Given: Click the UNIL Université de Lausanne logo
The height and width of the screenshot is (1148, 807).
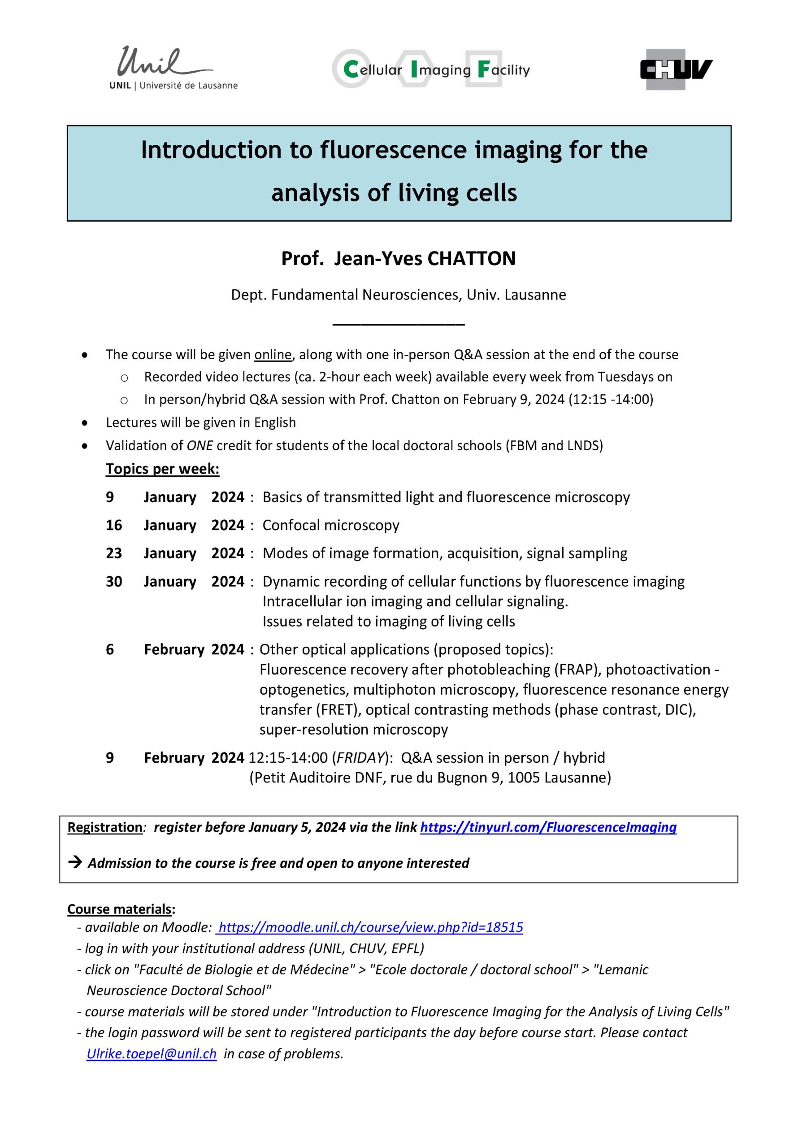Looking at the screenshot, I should click(173, 69).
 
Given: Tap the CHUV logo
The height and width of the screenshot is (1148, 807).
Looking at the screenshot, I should click(676, 70).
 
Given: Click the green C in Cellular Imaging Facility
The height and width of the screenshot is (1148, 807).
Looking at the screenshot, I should click(351, 70).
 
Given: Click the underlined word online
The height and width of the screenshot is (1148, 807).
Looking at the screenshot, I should click(273, 355).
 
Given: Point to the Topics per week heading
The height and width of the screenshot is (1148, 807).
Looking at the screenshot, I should click(162, 469).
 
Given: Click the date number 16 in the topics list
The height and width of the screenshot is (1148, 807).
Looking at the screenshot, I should click(114, 525).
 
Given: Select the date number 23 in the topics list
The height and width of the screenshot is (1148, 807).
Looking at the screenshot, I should click(114, 553).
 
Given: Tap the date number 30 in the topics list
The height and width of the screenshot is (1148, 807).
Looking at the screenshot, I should click(114, 582).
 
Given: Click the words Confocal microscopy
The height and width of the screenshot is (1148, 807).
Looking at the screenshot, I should click(331, 525).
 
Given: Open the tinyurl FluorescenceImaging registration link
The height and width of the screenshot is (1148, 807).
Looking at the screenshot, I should click(548, 827).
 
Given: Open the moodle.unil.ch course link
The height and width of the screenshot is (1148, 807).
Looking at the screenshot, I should click(370, 927).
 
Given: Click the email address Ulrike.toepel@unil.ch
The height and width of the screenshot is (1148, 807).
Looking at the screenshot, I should click(152, 1054).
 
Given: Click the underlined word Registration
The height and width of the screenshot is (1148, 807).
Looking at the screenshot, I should click(105, 827).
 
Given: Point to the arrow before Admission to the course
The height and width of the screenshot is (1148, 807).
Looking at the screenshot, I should click(75, 862).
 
